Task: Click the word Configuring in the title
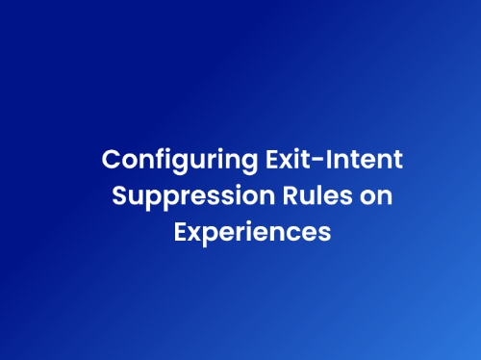pyautogui.click(x=180, y=161)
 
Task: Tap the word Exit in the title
pyautogui.click(x=288, y=159)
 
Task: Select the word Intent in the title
pyautogui.click(x=365, y=159)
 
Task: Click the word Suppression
pyautogui.click(x=193, y=197)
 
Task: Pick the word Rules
pyautogui.click(x=317, y=195)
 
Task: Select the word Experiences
pyautogui.click(x=252, y=234)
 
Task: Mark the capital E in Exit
pyautogui.click(x=272, y=159)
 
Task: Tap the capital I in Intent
pyautogui.click(x=328, y=159)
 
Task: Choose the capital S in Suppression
pyautogui.click(x=119, y=195)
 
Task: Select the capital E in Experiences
pyautogui.click(x=180, y=232)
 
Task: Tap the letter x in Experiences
pyautogui.click(x=195, y=234)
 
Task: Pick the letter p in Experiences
pyautogui.click(x=213, y=237)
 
